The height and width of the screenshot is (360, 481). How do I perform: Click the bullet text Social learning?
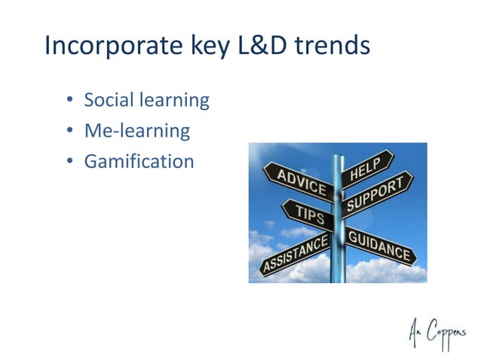point(146,100)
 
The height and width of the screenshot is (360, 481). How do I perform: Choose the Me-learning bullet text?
point(136,131)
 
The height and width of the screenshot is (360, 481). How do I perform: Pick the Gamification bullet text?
point(139,161)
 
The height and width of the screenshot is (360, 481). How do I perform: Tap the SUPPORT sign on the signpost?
point(377,193)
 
